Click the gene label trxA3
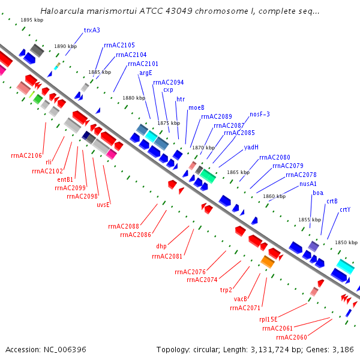tap(92, 31)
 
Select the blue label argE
tap(146, 73)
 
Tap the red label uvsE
tap(103, 205)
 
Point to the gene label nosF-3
tap(260, 114)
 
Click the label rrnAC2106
tap(26, 155)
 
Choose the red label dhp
tap(161, 247)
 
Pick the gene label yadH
tap(251, 147)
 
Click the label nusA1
tap(308, 184)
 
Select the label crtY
tap(345, 210)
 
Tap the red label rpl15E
tap(268, 319)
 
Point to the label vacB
tap(241, 299)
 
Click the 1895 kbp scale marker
tap(32, 20)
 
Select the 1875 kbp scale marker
tap(169, 123)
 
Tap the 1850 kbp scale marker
tap(346, 242)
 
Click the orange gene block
tap(268, 262)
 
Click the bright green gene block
tap(38, 99)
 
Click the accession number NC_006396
tap(65, 350)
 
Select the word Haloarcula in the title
tap(62, 11)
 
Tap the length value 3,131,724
tap(270, 350)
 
